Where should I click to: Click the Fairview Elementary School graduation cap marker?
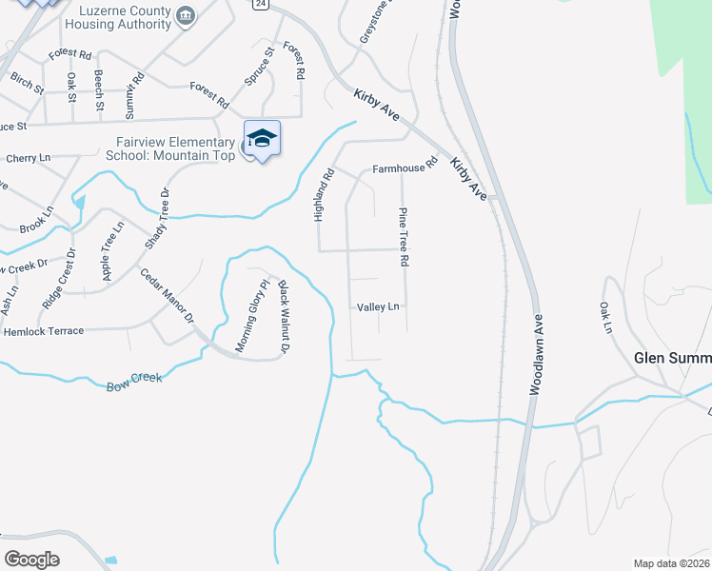click(262, 140)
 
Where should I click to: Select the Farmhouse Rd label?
click(404, 165)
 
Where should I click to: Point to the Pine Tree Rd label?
click(404, 236)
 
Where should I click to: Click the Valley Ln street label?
click(378, 307)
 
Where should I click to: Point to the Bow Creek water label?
click(135, 382)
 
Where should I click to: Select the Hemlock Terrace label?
click(44, 331)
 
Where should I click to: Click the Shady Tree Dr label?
click(156, 216)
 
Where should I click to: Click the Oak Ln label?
click(604, 319)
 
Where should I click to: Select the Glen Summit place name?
click(672, 358)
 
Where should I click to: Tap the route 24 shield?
click(260, 5)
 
